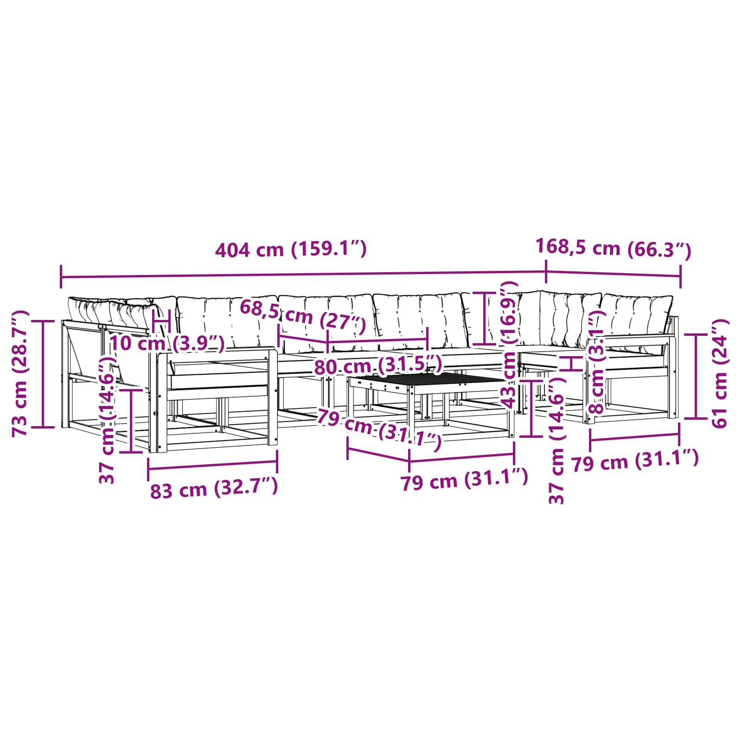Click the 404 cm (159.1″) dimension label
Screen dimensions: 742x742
[x=291, y=249]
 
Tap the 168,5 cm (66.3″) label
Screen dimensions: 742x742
[x=613, y=249]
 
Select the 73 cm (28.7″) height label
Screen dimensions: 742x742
[x=21, y=373]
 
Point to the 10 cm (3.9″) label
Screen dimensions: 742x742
[x=167, y=344]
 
